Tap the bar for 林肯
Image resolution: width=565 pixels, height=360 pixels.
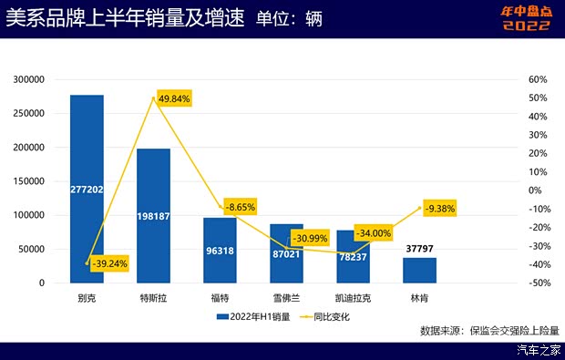(419, 271)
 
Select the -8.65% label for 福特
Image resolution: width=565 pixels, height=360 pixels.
(237, 207)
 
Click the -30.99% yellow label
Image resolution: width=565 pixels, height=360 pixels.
(311, 238)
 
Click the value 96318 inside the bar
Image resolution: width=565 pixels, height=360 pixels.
(220, 250)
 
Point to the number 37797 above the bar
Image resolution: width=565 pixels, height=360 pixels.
(419, 247)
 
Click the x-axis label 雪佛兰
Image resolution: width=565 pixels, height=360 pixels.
(286, 297)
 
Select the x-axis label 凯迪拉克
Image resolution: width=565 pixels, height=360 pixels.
(353, 297)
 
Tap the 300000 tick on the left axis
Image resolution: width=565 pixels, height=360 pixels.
(30, 80)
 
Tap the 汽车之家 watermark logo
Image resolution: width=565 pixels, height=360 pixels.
(538, 350)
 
